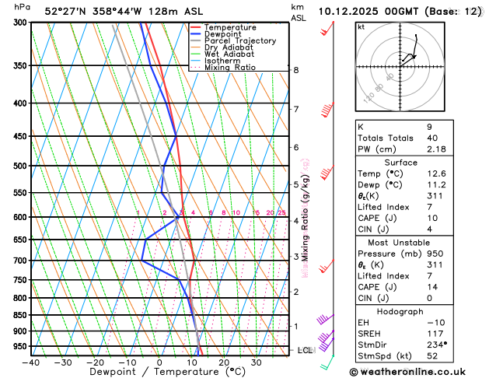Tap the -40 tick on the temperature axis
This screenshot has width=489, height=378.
(31, 362)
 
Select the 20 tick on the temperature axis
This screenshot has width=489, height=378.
(224, 362)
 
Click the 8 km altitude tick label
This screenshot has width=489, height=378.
(295, 70)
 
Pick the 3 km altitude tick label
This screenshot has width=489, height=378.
(295, 257)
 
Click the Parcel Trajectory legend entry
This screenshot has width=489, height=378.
(239, 40)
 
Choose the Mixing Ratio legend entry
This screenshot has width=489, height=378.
(230, 67)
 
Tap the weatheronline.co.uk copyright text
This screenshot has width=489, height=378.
(417, 372)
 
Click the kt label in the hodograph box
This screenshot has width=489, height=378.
(361, 27)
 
